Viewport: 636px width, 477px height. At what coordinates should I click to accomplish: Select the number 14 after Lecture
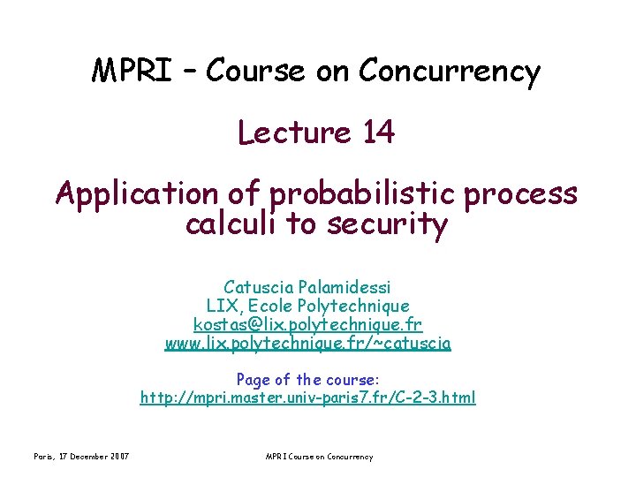click(377, 132)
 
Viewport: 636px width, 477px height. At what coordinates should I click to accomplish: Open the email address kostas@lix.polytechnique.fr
click(307, 325)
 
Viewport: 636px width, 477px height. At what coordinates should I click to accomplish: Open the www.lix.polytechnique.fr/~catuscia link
click(307, 344)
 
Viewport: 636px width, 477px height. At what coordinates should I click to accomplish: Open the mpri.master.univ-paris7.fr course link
click(307, 398)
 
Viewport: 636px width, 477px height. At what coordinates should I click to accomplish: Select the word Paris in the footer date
click(44, 457)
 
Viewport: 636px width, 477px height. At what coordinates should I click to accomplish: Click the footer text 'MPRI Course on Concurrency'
click(319, 457)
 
